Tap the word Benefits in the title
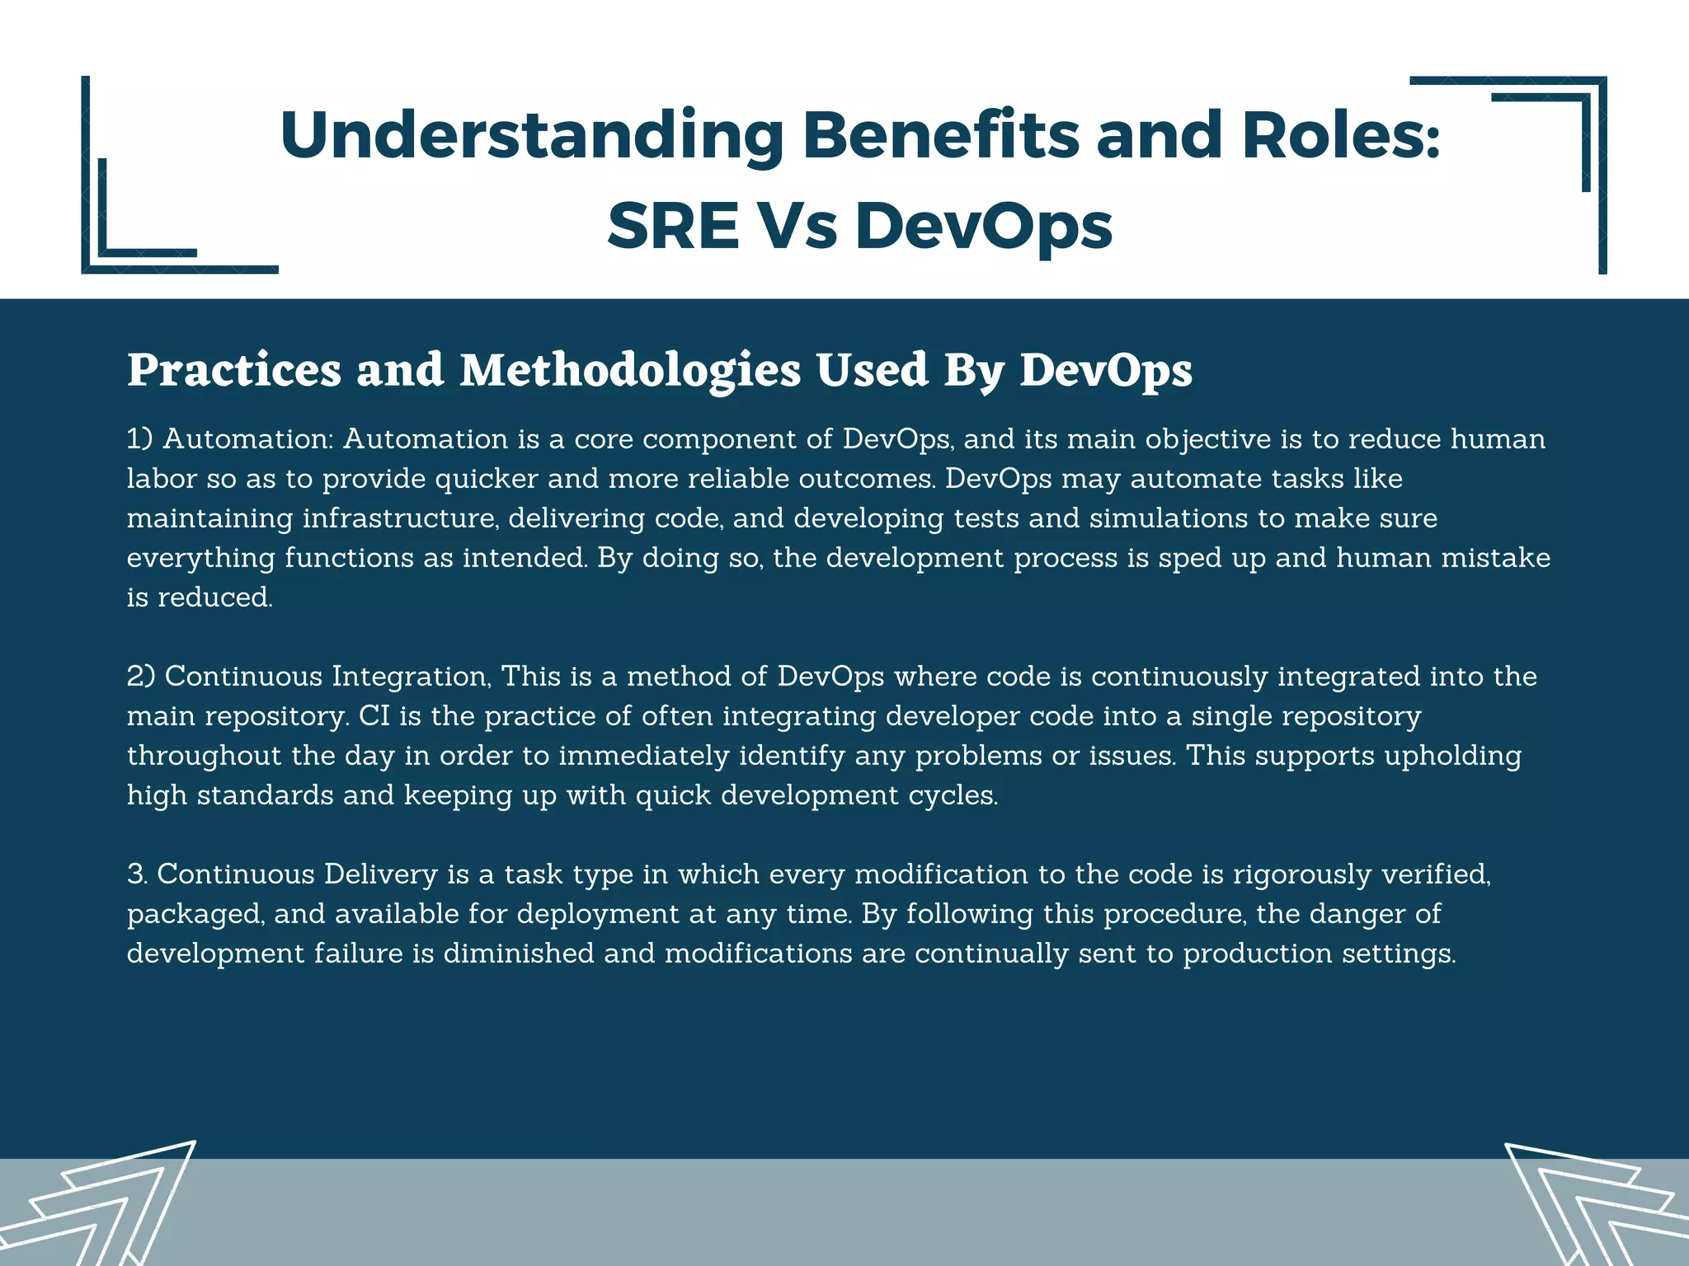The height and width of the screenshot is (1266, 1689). tap(940, 135)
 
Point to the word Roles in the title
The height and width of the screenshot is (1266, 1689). tap(1340, 135)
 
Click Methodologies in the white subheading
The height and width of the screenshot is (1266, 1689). tap(630, 370)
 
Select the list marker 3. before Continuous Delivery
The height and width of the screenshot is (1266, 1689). tap(137, 874)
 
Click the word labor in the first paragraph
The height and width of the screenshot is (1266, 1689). tap(161, 478)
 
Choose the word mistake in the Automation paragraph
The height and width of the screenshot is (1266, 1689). tap(1495, 557)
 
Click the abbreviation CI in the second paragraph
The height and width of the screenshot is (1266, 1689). tap(374, 715)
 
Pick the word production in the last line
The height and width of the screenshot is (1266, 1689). tap(1258, 954)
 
